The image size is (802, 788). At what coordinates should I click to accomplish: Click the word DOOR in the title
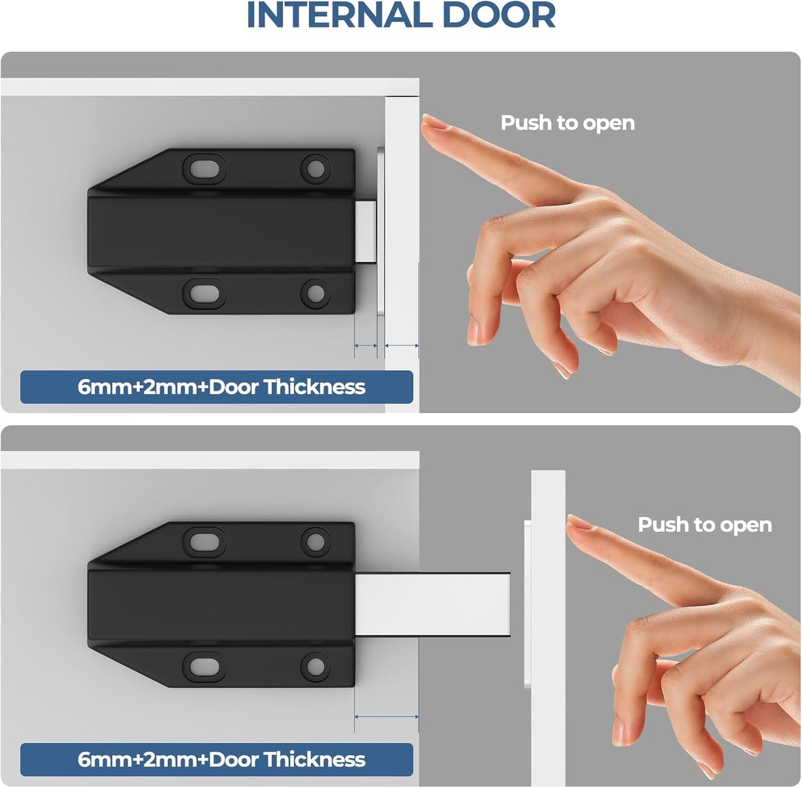[x=499, y=16]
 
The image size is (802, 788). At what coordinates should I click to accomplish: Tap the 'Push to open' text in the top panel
[x=567, y=123]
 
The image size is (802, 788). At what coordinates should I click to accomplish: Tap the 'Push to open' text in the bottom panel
[x=704, y=525]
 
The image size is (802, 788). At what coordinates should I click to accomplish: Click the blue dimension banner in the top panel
[x=216, y=387]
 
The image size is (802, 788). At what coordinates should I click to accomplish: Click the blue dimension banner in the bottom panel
[x=216, y=760]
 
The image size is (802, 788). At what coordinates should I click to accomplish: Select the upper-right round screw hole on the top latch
[x=315, y=168]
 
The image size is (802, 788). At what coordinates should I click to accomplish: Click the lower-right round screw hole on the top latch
[x=315, y=293]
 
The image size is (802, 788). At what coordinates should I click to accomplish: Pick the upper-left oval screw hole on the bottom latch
[x=204, y=541]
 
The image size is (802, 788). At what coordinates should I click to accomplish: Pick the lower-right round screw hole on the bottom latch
[x=315, y=666]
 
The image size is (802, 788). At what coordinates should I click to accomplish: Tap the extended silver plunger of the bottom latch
[x=433, y=604]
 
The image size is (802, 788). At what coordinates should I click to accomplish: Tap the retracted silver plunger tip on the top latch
[x=366, y=231]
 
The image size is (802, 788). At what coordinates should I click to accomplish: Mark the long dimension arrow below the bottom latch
[x=386, y=717]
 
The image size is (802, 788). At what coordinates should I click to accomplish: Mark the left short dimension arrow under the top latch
[x=366, y=345]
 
